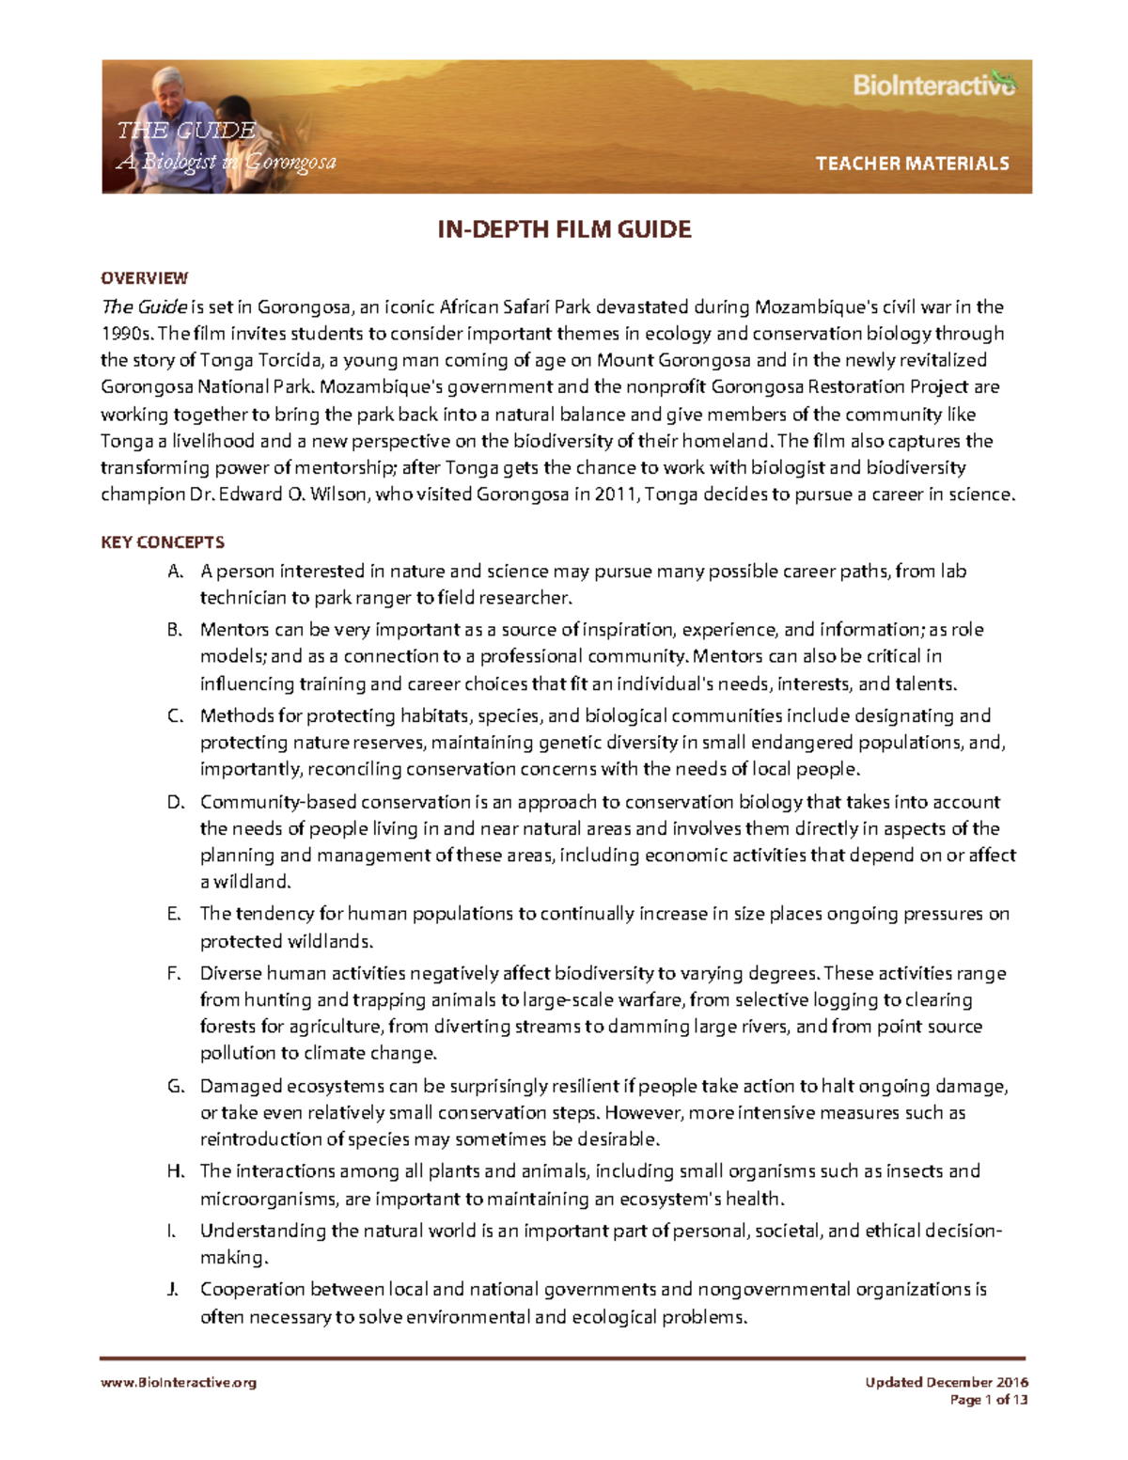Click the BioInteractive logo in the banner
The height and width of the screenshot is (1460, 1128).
pos(933,86)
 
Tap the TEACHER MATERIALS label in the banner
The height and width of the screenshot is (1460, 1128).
pos(912,164)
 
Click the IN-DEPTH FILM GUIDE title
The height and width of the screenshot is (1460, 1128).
pos(564,229)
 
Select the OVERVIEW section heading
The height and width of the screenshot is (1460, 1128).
pos(144,278)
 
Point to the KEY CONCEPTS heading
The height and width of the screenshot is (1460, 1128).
pos(163,542)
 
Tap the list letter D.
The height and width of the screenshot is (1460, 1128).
pos(174,803)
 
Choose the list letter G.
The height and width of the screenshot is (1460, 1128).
pos(174,1087)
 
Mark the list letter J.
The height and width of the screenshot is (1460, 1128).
pos(173,1290)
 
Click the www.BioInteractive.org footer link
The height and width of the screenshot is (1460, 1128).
pos(179,1382)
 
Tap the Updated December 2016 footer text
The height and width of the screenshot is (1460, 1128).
pos(947,1382)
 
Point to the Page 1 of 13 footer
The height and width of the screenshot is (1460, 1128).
pos(989,1400)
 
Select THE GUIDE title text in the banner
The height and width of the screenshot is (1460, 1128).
pos(186,131)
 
